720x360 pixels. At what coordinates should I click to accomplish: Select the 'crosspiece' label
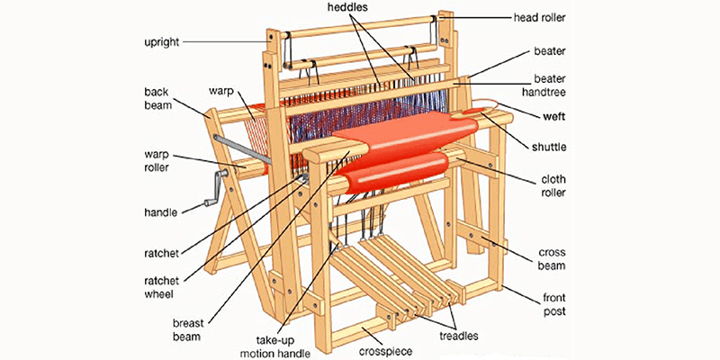pos(385,347)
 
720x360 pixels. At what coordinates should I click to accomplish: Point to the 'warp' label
pos(221,91)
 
